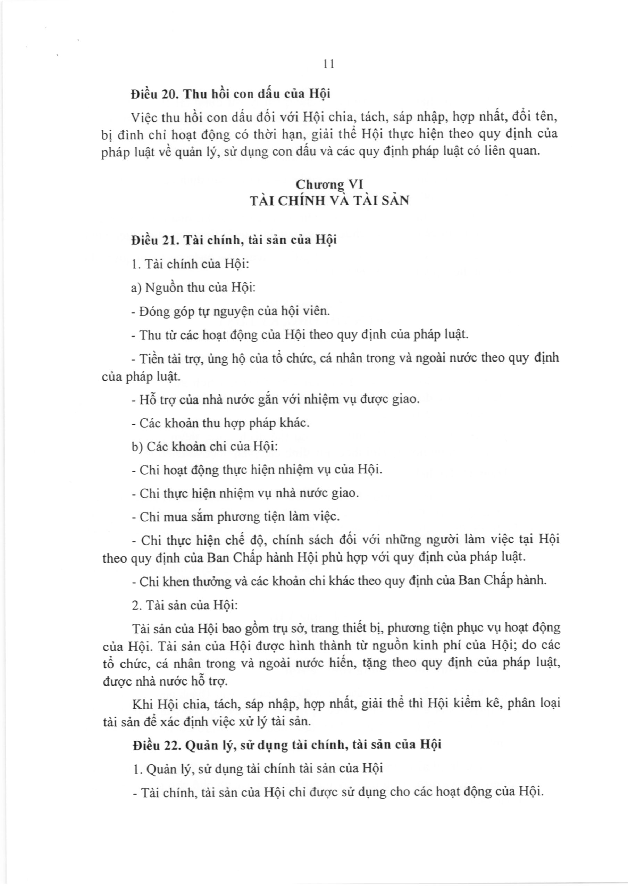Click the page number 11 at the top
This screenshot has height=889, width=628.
point(328,64)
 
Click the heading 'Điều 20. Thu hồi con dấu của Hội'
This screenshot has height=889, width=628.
point(231,94)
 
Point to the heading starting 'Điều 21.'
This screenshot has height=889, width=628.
point(234,240)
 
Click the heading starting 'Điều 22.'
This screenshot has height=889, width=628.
point(286,745)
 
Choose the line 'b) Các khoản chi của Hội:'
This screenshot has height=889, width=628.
point(205,446)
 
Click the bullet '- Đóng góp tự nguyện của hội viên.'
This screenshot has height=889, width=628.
point(231,311)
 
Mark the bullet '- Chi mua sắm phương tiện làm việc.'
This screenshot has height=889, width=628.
point(235,516)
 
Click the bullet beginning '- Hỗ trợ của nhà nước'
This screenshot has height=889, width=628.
point(276,399)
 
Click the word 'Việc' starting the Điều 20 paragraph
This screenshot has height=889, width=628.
point(144,117)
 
